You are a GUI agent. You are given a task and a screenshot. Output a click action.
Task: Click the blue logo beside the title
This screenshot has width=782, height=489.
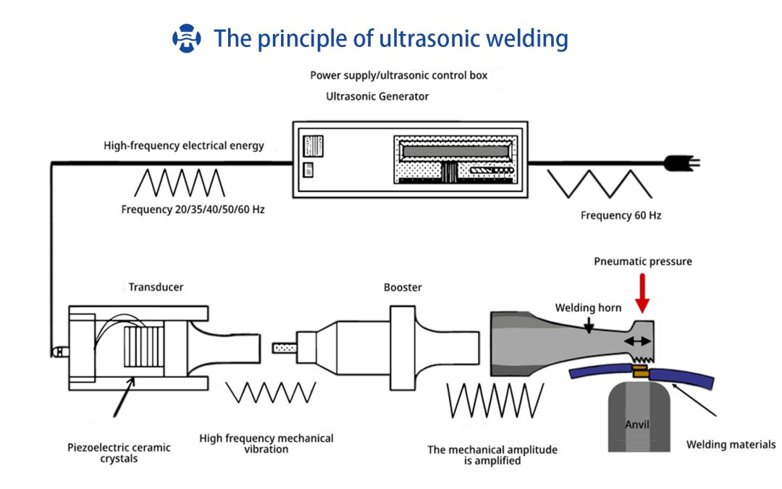point(187,38)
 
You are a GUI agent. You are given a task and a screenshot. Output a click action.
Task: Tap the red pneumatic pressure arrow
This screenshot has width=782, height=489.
point(642,293)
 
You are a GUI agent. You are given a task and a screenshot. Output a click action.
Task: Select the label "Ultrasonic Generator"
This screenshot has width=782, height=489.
point(377,96)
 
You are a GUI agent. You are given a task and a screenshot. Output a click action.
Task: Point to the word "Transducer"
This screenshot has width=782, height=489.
point(156,287)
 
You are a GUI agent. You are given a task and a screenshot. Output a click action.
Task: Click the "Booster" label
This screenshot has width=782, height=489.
point(403,288)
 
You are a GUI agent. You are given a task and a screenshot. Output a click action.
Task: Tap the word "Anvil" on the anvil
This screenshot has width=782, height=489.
point(637,425)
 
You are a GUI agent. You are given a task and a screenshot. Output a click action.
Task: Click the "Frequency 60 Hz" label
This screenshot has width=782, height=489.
point(621,216)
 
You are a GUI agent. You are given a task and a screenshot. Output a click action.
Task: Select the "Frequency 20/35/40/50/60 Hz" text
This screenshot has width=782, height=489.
point(193,209)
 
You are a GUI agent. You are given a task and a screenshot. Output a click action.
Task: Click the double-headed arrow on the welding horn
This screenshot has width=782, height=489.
point(638,341)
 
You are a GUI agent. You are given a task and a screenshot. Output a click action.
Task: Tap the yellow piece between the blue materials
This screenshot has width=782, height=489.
point(640,371)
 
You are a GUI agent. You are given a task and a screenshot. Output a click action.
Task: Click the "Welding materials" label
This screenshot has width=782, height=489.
point(731,445)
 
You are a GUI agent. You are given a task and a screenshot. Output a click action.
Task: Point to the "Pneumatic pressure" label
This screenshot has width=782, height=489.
point(643,262)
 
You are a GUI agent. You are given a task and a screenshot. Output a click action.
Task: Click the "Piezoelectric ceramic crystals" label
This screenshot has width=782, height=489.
point(119,453)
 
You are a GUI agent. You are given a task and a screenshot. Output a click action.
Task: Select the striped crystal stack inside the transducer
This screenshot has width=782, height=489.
point(143,347)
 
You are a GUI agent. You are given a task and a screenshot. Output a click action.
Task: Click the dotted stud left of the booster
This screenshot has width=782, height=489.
point(285,348)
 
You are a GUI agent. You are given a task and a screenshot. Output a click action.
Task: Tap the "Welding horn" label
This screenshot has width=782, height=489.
point(589,308)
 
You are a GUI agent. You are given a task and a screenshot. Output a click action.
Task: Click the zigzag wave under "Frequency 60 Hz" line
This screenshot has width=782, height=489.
point(600,183)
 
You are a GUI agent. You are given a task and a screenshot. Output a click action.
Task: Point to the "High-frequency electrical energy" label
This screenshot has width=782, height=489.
point(183,146)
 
